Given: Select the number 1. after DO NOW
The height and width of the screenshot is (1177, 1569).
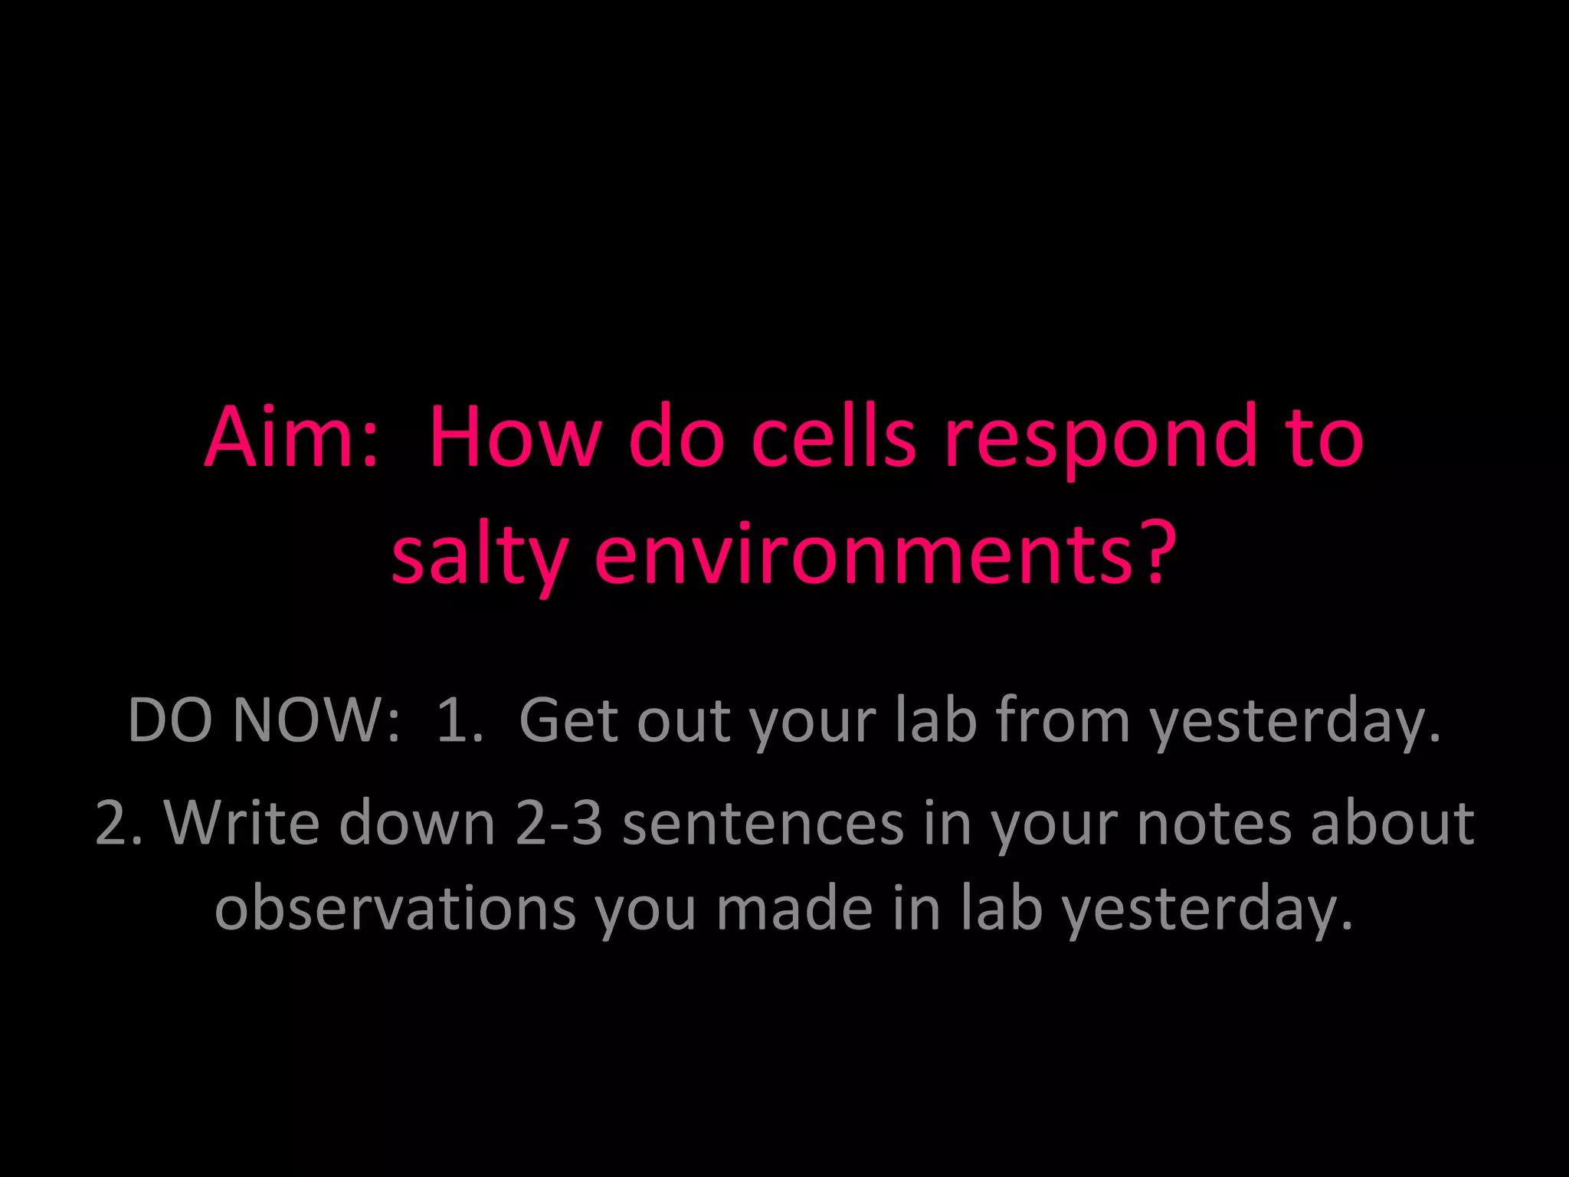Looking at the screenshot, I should (460, 720).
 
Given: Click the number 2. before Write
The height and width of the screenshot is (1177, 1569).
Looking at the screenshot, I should (120, 823).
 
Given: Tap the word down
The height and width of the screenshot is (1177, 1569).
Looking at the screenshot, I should (418, 823).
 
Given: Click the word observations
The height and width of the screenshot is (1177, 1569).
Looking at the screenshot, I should (395, 909).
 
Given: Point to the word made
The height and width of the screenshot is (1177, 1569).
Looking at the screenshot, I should (794, 909).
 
